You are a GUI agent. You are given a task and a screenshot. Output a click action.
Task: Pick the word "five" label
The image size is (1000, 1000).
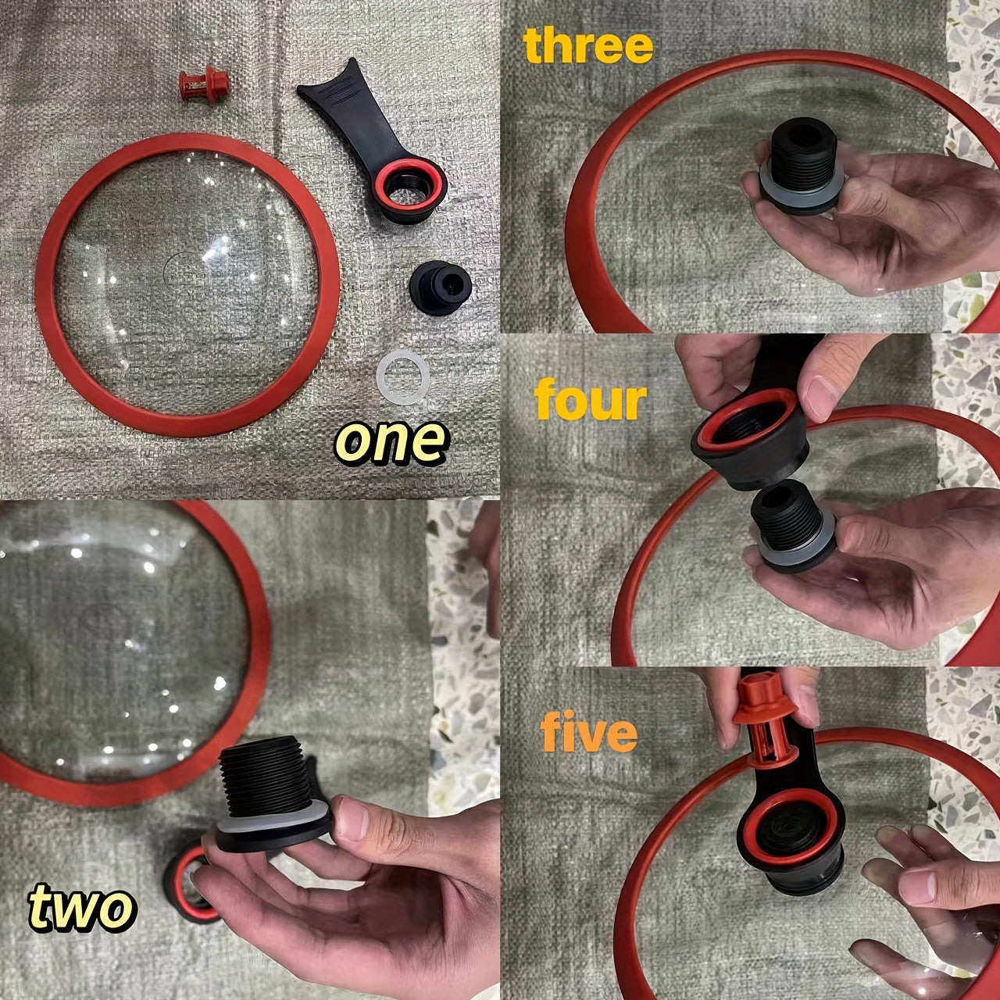coord(587,733)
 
